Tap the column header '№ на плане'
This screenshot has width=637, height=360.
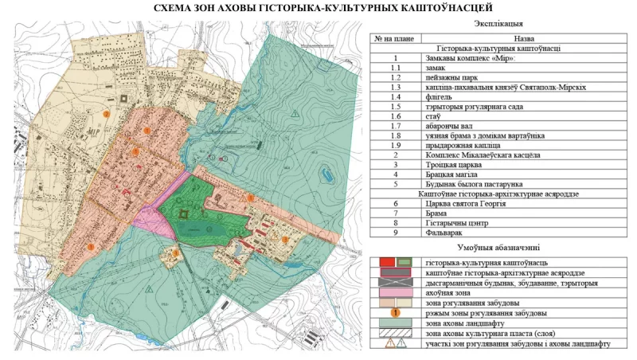coord(394,37)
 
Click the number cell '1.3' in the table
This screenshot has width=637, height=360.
coord(394,88)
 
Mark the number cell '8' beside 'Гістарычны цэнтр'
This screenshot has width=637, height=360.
coord(394,224)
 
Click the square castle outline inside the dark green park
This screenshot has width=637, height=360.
coord(185,213)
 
